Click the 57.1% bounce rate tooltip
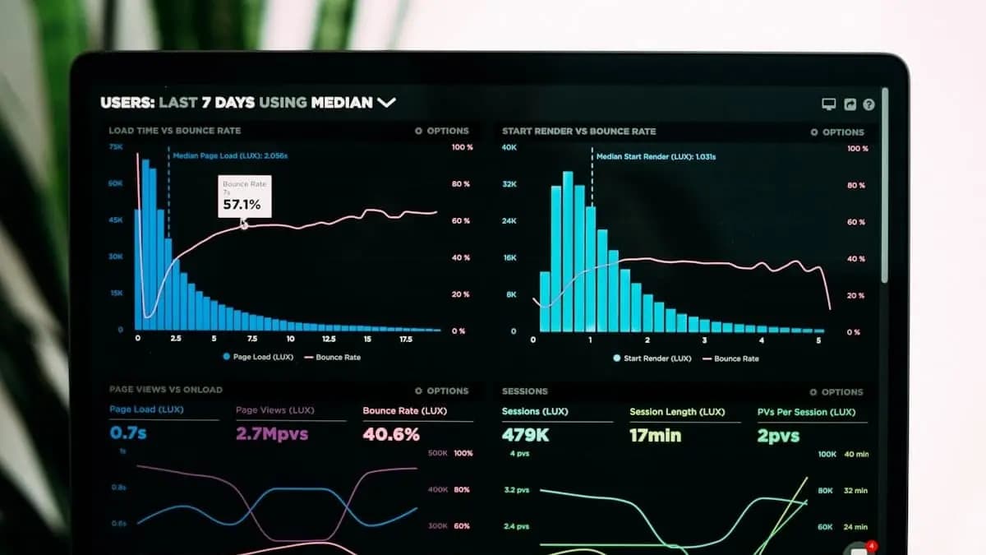pos(243,197)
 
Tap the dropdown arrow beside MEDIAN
pos(386,102)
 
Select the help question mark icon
pos(869,104)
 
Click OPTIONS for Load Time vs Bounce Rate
pos(442,131)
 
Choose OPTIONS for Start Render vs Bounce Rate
pos(837,132)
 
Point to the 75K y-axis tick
pos(116,146)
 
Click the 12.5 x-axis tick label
pos(329,339)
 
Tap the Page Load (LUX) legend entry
pos(258,358)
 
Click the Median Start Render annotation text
pos(656,156)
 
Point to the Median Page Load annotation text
pos(229,155)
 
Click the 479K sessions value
pos(525,435)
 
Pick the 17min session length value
pos(655,435)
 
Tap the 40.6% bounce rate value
pos(391,434)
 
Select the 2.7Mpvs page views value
pos(272,434)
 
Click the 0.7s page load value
pos(128,433)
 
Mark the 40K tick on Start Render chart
pos(509,147)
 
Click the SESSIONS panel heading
pos(524,391)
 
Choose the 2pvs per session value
pos(778,436)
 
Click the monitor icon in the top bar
pos(829,104)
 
